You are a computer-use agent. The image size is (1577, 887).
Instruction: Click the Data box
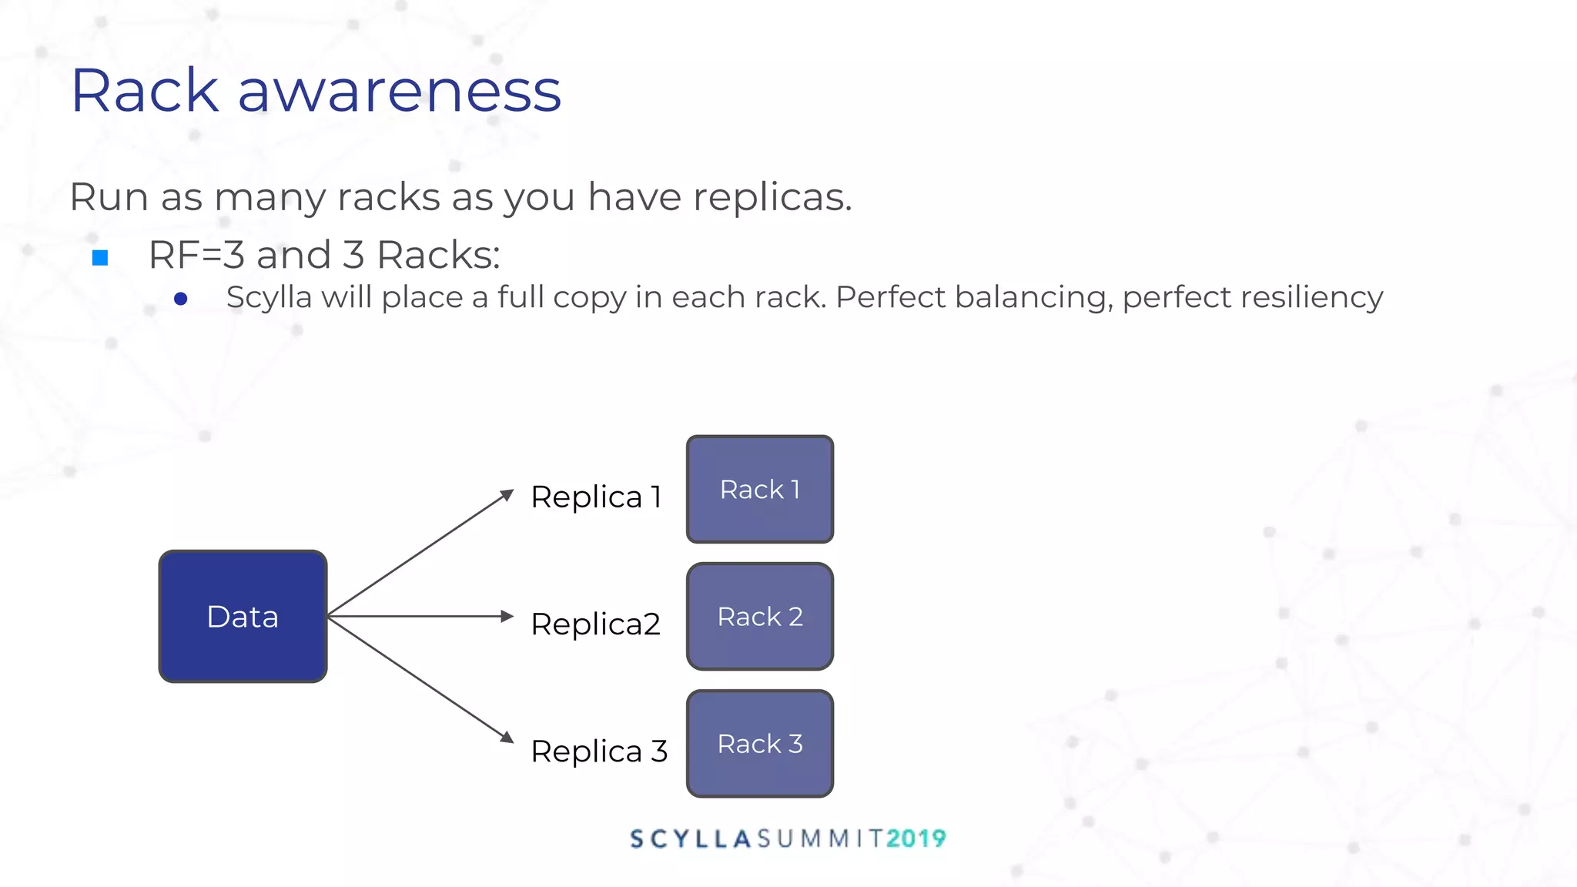point(243,616)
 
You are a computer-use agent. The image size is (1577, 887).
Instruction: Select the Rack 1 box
point(759,490)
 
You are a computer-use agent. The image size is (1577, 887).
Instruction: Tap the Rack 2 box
point(759,616)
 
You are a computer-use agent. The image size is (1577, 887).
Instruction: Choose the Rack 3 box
point(759,744)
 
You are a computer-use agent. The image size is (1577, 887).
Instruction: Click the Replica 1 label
point(596,497)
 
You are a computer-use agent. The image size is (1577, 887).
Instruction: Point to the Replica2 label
point(595,624)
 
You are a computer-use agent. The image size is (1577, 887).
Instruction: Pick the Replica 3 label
point(598,751)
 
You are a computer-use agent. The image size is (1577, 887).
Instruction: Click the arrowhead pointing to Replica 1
point(507,494)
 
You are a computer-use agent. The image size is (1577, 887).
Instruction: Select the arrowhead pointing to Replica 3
point(507,738)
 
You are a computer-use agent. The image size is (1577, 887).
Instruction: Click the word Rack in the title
point(145,91)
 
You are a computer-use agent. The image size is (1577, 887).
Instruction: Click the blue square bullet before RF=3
point(100,257)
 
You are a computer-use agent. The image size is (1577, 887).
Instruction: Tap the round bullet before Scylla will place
point(181,299)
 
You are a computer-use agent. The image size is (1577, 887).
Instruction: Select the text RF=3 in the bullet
point(196,255)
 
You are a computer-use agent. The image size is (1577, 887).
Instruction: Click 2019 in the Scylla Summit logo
point(916,838)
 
